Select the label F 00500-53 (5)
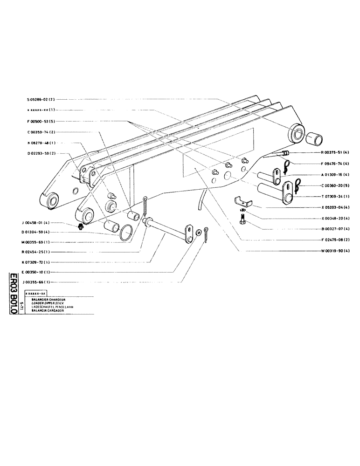point(41,121)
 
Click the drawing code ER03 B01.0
point(14,294)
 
